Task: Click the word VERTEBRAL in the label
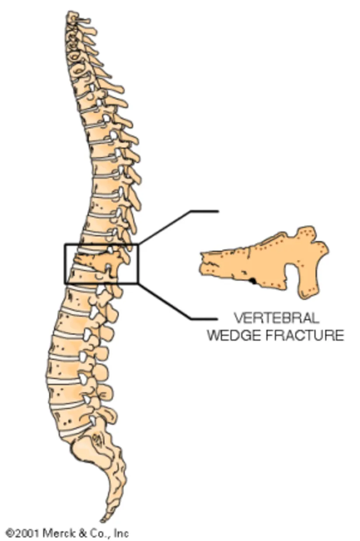[x=276, y=317]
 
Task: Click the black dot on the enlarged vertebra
[x=252, y=281]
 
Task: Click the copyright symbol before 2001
[x=10, y=533]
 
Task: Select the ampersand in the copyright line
[x=80, y=533]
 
